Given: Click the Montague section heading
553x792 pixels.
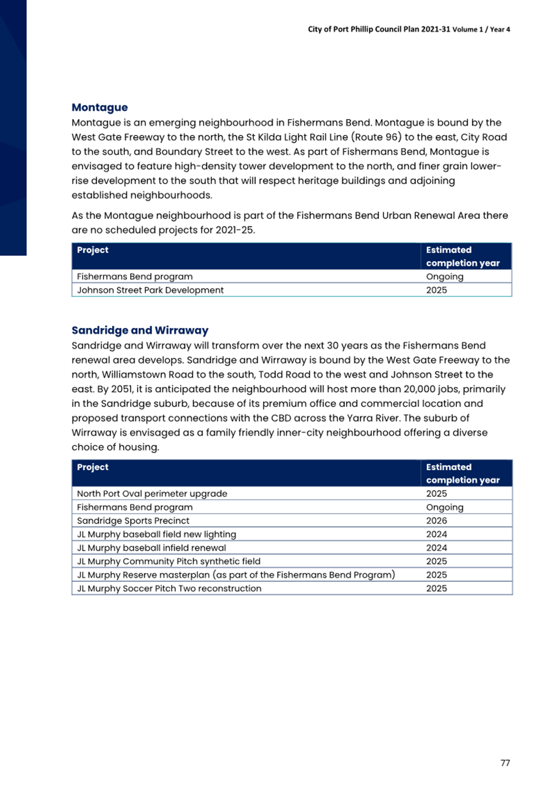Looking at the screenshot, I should [99, 107].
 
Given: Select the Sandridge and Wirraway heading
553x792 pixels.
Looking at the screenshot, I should [139, 330].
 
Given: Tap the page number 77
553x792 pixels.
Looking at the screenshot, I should [505, 762].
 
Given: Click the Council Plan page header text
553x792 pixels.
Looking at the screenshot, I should [408, 29].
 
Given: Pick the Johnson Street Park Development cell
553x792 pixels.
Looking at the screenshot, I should [150, 290].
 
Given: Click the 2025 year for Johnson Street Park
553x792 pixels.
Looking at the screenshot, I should [436, 290].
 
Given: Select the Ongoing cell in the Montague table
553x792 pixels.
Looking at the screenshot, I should [444, 277].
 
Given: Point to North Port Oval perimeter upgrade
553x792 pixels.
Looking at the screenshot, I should [152, 493].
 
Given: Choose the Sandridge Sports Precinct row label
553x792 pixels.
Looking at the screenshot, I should [132, 521].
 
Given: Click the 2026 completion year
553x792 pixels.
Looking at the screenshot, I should [436, 521].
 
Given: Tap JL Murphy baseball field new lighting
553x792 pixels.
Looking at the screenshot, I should [156, 534].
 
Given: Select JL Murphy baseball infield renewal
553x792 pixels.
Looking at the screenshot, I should [151, 548].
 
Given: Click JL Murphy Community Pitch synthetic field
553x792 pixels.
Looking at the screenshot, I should [168, 561].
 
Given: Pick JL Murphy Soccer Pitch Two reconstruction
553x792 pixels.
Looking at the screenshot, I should [169, 588].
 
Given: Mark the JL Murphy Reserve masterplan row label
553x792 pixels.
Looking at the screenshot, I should [235, 575].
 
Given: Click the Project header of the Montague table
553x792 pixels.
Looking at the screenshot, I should [93, 250].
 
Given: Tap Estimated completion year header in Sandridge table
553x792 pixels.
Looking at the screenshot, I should [462, 473].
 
